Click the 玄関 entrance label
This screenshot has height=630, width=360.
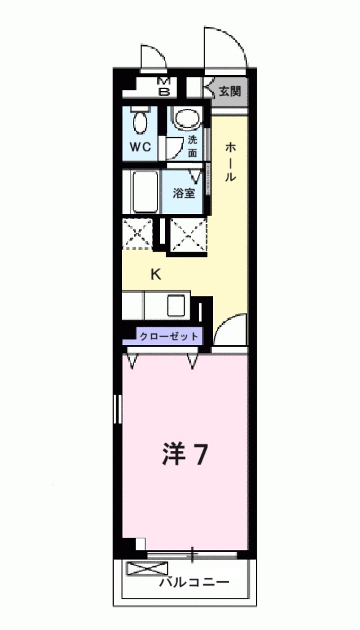[x=230, y=92]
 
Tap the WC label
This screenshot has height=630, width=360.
[x=140, y=148]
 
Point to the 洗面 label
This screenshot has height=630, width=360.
[x=193, y=146]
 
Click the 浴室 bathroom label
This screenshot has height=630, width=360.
[x=184, y=193]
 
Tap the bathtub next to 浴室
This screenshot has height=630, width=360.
[x=145, y=191]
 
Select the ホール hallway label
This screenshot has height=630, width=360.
[x=230, y=161]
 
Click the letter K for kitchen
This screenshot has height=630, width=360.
[x=156, y=274]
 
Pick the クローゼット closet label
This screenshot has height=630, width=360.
[x=169, y=337]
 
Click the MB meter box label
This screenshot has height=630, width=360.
[x=164, y=87]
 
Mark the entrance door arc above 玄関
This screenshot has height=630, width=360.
[x=225, y=46]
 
